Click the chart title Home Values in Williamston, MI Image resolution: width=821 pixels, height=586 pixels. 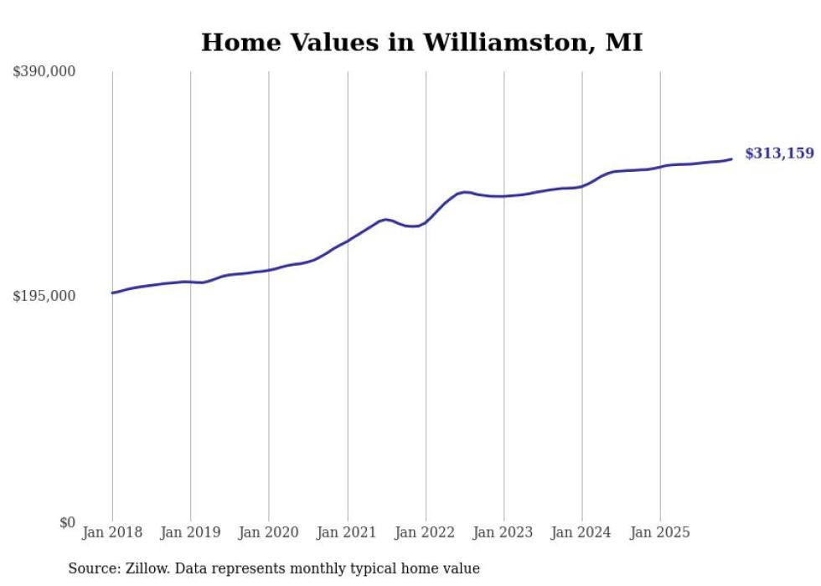coord(421,42)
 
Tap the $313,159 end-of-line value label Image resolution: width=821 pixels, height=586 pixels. coord(779,153)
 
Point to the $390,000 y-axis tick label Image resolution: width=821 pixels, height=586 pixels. coord(44,72)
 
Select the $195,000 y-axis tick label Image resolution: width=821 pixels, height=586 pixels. coord(44,297)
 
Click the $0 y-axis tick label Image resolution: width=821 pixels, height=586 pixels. coord(67,522)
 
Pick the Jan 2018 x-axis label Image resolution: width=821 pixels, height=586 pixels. coord(112,533)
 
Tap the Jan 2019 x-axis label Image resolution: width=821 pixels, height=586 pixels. coord(191,533)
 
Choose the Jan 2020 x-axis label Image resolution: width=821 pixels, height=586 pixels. coord(269,533)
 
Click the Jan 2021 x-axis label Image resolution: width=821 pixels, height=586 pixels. coord(348,533)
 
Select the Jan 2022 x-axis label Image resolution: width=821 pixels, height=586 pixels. coord(426,533)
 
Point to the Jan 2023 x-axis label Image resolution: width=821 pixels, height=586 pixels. coord(504,533)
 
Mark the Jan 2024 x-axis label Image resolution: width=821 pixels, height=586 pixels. coord(582,533)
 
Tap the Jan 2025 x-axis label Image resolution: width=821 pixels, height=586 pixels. coord(661,533)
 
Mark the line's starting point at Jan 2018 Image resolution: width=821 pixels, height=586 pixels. coord(112,293)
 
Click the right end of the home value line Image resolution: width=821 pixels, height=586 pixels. coord(732,158)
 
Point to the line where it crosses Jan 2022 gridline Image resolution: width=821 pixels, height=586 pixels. coord(426,222)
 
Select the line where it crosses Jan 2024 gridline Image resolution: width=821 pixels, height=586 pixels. coord(582,185)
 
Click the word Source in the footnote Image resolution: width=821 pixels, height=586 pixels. coord(91,569)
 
